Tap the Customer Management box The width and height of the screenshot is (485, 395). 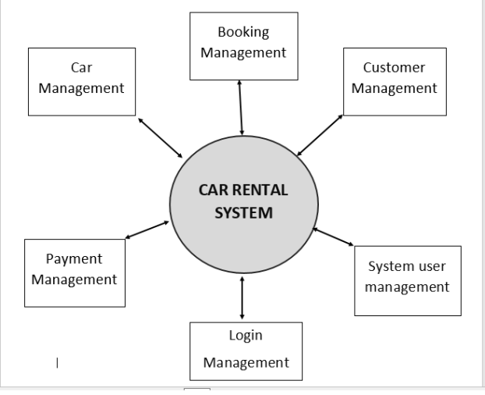[394, 78]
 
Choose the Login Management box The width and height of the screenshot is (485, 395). [246, 350]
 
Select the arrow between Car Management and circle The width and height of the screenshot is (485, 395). [161, 139]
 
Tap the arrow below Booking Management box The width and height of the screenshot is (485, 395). [241, 107]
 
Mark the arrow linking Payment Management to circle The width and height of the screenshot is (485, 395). [147, 231]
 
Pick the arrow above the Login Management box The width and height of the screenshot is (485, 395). [242, 296]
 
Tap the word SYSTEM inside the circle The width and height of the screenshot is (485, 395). [244, 214]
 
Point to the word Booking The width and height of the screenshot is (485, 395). [243, 33]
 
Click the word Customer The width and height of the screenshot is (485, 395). [394, 68]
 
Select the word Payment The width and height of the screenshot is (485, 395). [74, 259]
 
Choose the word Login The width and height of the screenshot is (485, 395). [246, 336]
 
